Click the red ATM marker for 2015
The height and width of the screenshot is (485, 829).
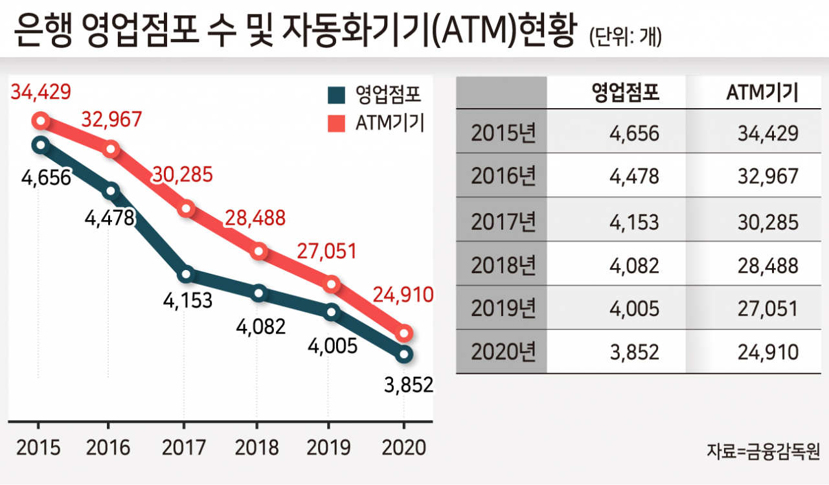41,120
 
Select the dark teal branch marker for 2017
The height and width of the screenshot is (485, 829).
186,274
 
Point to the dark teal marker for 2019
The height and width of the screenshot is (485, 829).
331,312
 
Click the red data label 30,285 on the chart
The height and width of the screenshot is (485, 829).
183,175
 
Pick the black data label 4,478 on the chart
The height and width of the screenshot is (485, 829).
109,218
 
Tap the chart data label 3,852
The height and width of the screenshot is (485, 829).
409,385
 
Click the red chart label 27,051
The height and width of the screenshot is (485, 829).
327,251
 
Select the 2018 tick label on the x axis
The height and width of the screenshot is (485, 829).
257,447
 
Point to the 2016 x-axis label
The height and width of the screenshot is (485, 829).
108,447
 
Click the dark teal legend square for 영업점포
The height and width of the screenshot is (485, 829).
336,95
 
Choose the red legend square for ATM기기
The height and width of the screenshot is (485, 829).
336,123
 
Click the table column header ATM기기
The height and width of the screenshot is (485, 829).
762,93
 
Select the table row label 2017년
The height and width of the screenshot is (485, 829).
503,222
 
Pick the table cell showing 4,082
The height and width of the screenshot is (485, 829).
634,265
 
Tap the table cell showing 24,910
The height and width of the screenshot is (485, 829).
768,352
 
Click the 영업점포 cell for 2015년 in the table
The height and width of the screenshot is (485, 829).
634,133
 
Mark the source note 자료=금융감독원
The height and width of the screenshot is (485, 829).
763,451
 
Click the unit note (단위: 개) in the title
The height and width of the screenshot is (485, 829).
626,38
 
